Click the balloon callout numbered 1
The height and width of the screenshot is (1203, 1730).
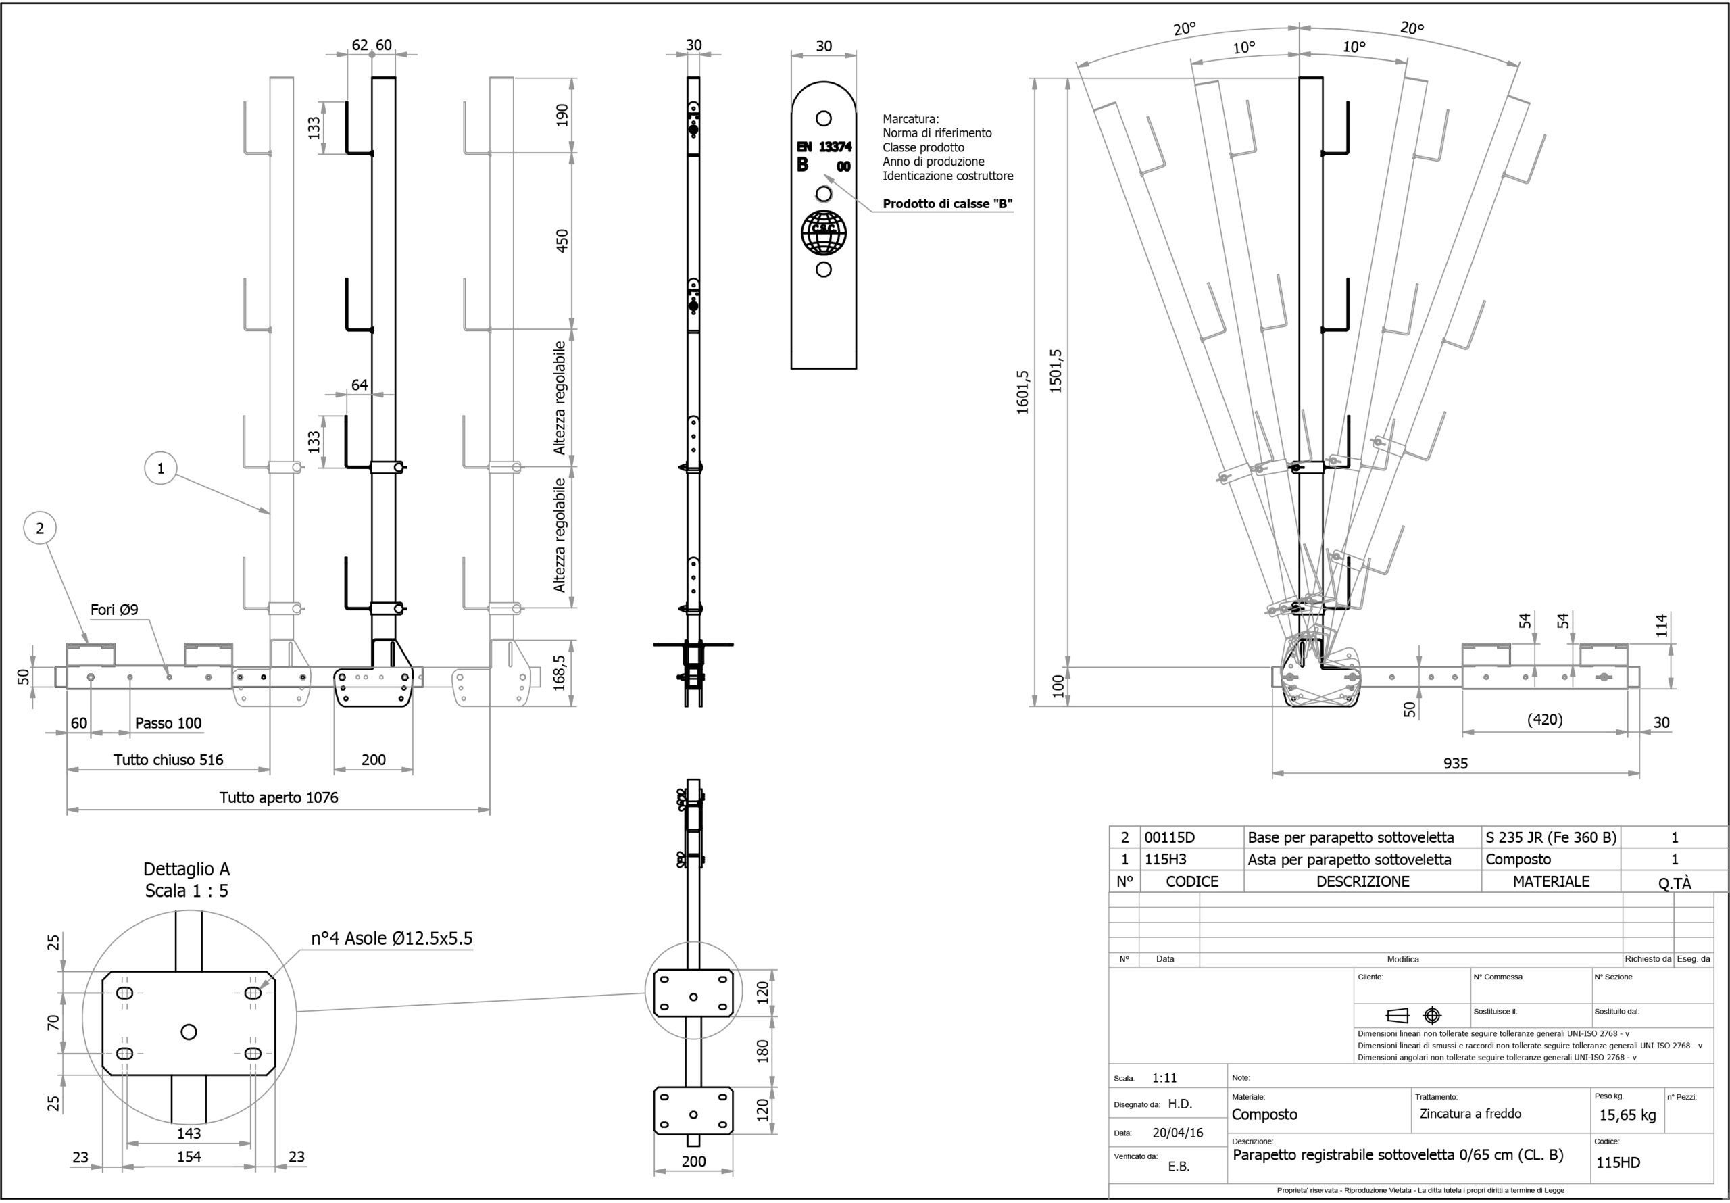160,468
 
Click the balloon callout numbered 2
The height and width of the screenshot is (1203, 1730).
41,529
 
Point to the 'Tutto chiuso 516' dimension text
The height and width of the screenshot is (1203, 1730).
168,760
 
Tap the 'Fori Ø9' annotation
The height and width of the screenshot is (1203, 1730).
114,610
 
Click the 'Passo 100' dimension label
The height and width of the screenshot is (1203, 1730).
168,724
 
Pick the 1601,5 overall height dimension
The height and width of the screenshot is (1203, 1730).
1022,392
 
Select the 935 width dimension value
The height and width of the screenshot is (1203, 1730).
1455,764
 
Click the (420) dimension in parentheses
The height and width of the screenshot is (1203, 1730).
1544,720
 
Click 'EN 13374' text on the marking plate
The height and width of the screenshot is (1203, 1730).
824,147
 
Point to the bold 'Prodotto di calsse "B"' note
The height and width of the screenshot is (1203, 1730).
947,203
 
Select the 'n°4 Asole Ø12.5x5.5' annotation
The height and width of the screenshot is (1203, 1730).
392,939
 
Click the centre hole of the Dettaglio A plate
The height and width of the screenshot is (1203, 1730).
189,1031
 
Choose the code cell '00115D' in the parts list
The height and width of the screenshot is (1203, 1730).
1169,837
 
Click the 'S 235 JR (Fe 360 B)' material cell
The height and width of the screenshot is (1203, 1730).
1551,837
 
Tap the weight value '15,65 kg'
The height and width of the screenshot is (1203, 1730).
1627,1115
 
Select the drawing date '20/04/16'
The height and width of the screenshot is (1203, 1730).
1178,1133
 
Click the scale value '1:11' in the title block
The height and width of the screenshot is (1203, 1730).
1164,1078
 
